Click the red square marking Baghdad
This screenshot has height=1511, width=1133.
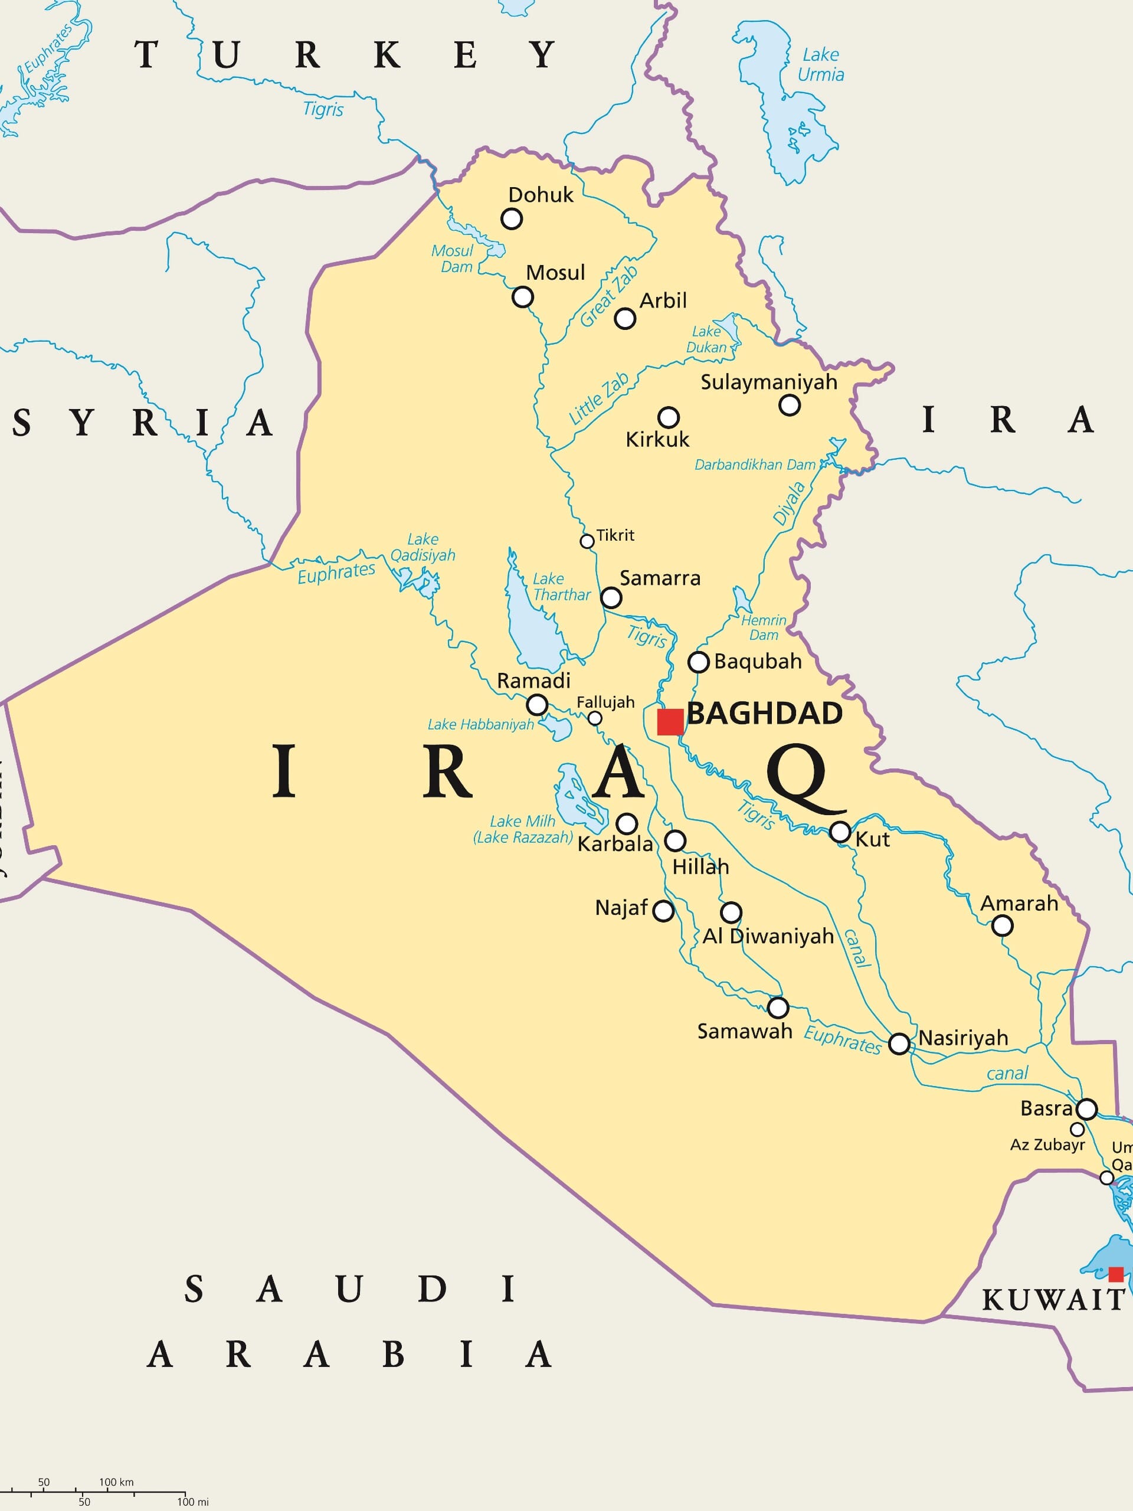(670, 722)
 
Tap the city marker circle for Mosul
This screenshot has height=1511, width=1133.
(522, 297)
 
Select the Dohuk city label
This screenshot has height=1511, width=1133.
(541, 195)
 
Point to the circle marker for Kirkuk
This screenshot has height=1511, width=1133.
(669, 417)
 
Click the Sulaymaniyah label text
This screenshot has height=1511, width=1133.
(768, 382)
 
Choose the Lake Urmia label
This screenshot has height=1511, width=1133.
(820, 64)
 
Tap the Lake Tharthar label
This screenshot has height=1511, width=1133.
(561, 587)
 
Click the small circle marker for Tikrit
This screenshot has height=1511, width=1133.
(587, 542)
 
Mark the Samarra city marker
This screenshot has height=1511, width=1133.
(611, 598)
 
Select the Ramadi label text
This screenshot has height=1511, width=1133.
(533, 681)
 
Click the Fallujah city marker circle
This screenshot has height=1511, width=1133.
(595, 718)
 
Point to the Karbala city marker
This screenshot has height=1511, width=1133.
(627, 823)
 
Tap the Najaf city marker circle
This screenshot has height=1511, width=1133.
(663, 911)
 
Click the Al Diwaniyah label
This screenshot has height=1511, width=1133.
(768, 936)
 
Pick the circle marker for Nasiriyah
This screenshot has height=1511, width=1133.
(899, 1044)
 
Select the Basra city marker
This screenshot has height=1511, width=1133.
(1086, 1108)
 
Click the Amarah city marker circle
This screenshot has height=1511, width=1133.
(1002, 925)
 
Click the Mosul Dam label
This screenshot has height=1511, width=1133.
(452, 258)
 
